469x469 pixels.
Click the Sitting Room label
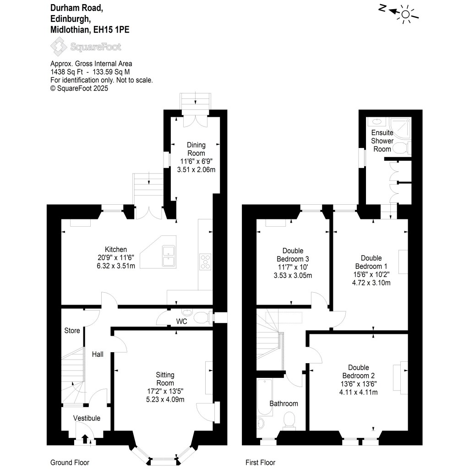(x=165, y=379)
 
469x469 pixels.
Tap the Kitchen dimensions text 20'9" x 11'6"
(x=113, y=257)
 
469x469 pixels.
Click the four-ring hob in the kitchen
(x=205, y=261)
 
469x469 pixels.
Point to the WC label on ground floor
(x=182, y=322)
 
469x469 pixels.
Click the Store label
(x=72, y=330)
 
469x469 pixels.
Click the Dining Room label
(x=196, y=149)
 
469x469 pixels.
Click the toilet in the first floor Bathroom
(x=289, y=420)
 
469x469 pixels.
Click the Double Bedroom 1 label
(x=371, y=262)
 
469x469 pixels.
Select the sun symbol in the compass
(x=406, y=14)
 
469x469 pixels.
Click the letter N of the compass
(x=382, y=8)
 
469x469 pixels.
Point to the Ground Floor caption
(x=70, y=462)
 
